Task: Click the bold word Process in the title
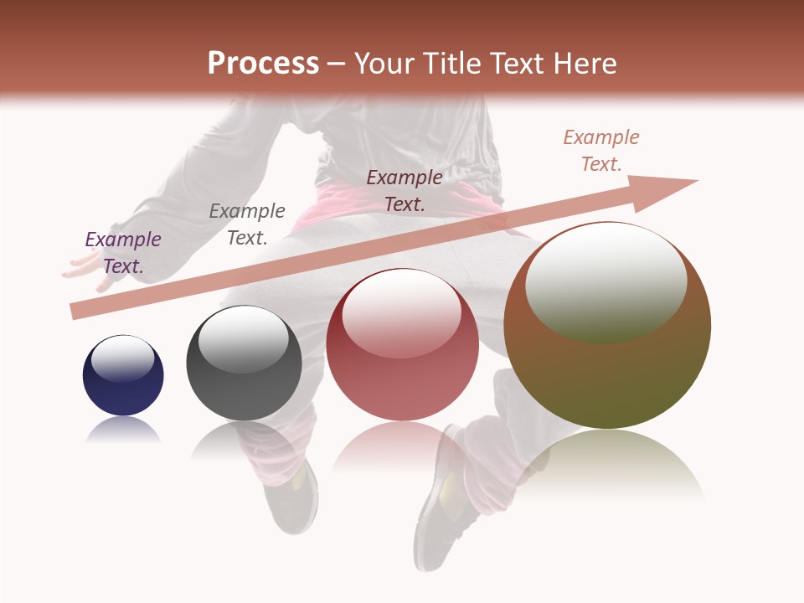pos(263,64)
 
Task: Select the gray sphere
pos(244,368)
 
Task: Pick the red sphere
pos(402,352)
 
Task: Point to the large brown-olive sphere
pos(607,335)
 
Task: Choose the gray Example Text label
pos(246,224)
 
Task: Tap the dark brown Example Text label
pos(405,190)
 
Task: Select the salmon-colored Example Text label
pos(600,151)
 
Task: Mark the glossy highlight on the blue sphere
pos(123,359)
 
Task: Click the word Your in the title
pos(384,64)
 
